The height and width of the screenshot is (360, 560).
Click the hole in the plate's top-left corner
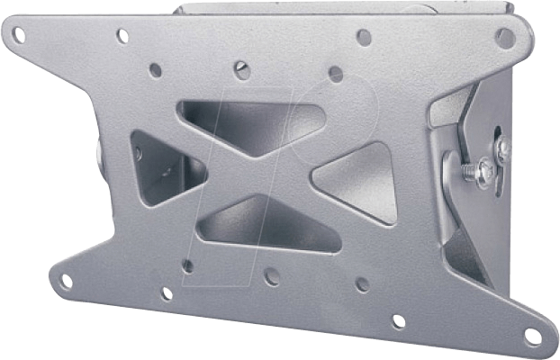(18, 34)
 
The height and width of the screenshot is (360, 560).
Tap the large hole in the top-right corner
(504, 38)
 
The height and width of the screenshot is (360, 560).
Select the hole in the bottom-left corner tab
(65, 281)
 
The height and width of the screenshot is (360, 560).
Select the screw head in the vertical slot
(502, 149)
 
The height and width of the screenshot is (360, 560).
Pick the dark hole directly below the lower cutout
(271, 276)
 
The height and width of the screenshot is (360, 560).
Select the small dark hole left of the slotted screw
(156, 69)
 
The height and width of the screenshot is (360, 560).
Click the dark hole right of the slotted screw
(336, 73)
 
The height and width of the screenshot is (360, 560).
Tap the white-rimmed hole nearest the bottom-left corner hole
(167, 293)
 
